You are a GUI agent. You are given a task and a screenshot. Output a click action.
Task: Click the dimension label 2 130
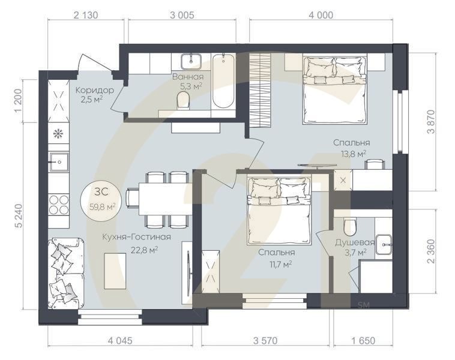(86, 16)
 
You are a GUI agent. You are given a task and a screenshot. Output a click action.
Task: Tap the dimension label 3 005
(181, 16)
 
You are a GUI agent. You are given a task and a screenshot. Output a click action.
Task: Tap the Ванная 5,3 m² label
(187, 82)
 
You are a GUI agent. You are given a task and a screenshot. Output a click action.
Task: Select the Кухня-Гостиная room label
(136, 237)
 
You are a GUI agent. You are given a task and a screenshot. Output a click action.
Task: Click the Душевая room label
(355, 243)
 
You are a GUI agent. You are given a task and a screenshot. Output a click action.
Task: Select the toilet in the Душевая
(350, 226)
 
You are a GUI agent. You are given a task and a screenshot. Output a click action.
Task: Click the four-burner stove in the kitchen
(59, 204)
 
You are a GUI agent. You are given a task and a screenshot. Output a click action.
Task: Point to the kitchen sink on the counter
(59, 160)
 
